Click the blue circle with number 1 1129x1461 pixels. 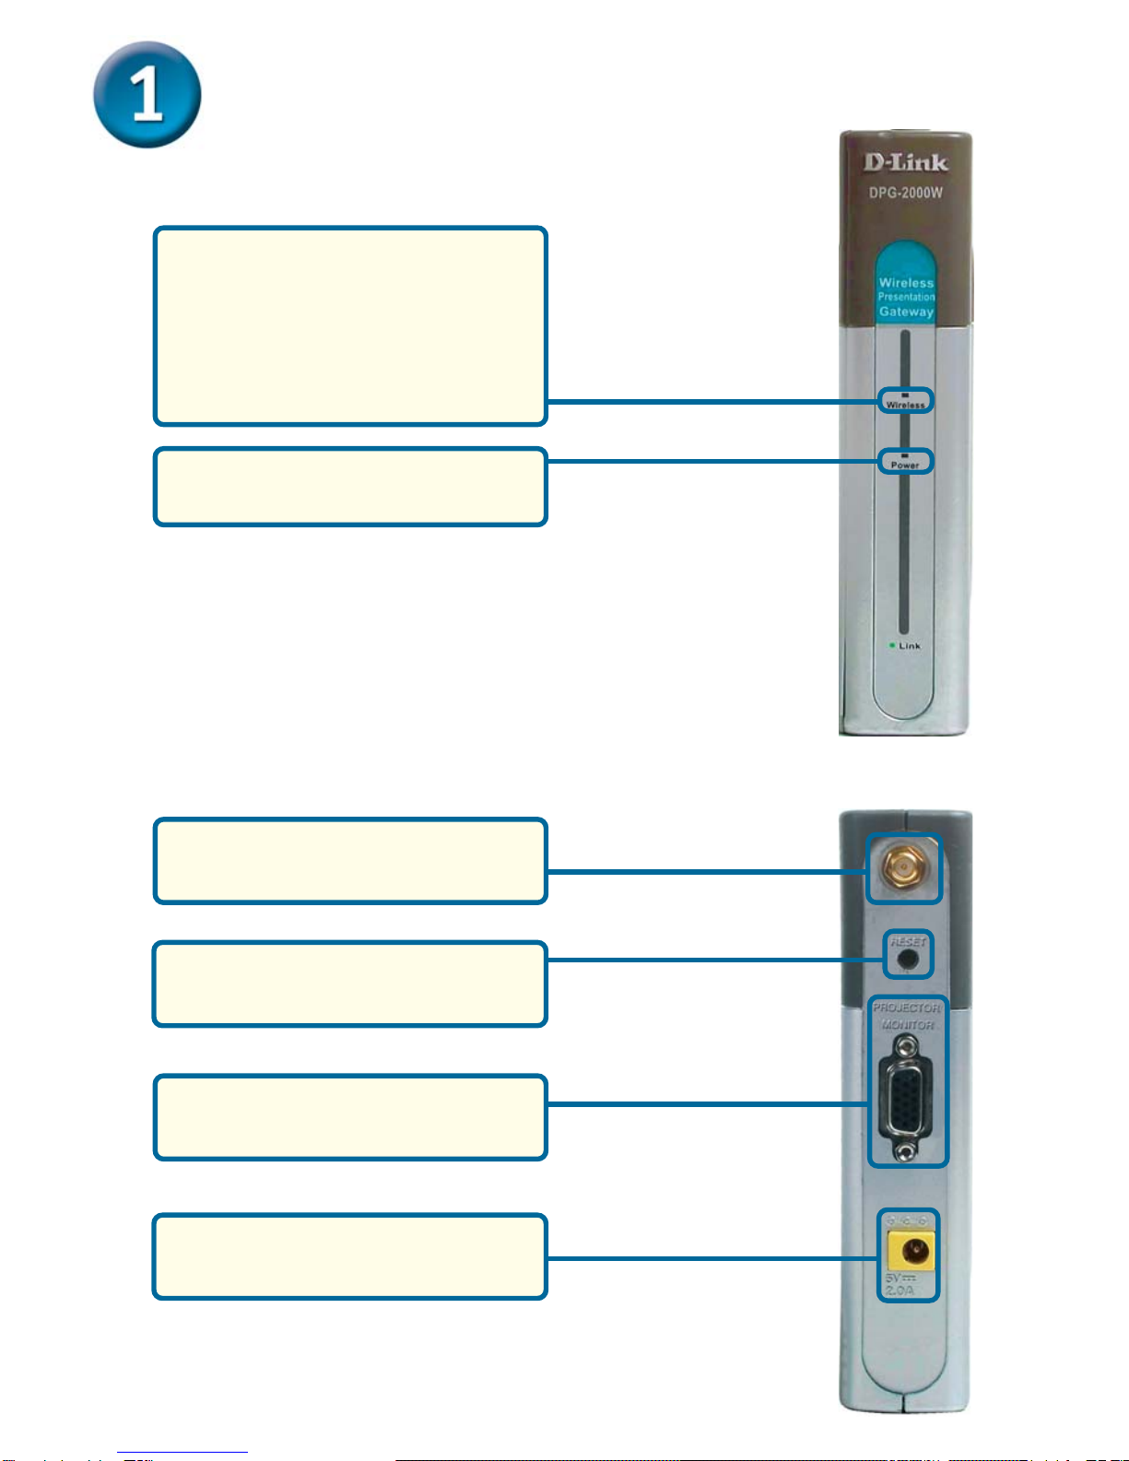click(147, 94)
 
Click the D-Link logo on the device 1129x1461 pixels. click(905, 163)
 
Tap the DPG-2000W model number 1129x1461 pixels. click(905, 193)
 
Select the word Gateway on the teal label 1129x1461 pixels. click(906, 312)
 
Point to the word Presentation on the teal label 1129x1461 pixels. click(906, 297)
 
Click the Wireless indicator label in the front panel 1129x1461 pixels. click(905, 405)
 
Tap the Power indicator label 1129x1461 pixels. click(905, 465)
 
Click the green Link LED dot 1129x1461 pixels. click(892, 645)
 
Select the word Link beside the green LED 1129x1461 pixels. click(910, 646)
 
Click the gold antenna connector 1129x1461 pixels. click(904, 867)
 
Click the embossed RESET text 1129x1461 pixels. click(908, 941)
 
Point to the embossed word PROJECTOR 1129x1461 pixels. click(907, 1007)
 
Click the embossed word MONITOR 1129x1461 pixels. click(908, 1025)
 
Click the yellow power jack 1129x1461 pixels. click(911, 1251)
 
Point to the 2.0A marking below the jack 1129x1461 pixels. click(899, 1290)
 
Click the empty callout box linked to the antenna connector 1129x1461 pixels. click(350, 861)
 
